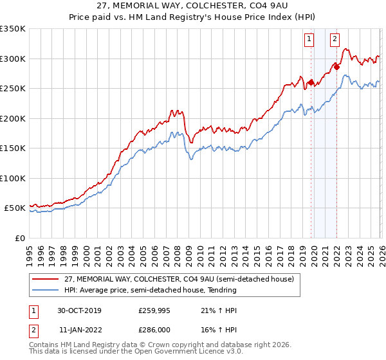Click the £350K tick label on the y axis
[12, 29]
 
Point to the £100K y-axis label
[12, 178]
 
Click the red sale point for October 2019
[310, 82]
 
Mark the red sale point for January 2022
[336, 67]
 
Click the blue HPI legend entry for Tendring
[151, 291]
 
